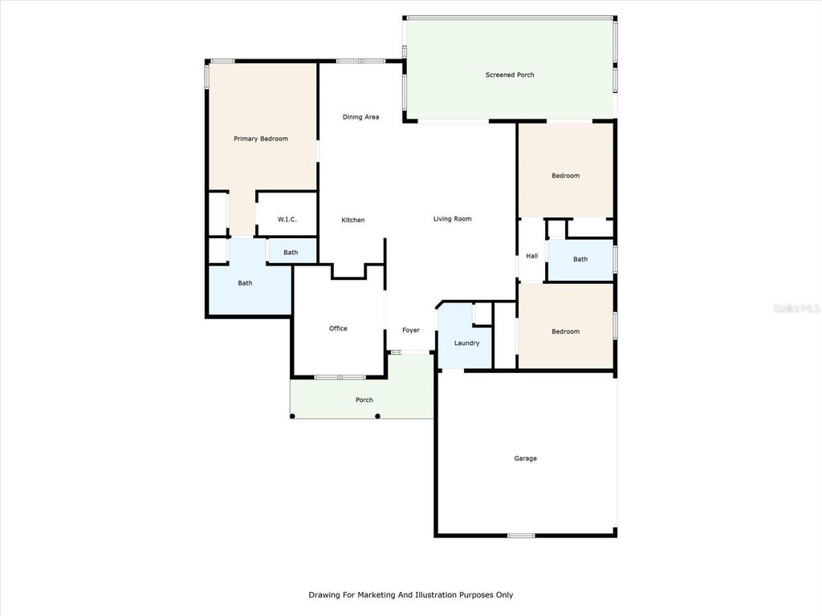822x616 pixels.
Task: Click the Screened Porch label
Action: (x=510, y=75)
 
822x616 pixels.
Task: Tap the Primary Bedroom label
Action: (x=261, y=139)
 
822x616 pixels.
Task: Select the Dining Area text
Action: (x=360, y=117)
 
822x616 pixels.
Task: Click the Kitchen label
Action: (x=353, y=220)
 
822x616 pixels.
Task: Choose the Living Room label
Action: (x=452, y=219)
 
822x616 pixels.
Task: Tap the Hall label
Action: (x=531, y=257)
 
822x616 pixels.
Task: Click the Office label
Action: (x=338, y=328)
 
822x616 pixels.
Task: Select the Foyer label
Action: (x=411, y=330)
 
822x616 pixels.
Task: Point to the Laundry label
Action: (x=466, y=343)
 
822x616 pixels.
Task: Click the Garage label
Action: (x=526, y=459)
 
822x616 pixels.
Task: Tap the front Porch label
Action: (x=364, y=400)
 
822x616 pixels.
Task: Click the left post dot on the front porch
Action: (x=292, y=415)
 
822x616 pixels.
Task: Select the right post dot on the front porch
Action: (x=377, y=415)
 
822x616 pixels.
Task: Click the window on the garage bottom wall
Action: (x=521, y=535)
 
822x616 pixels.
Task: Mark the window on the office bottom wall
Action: (x=340, y=377)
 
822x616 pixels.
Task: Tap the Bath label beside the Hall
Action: (x=580, y=259)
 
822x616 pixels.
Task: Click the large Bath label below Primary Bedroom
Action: (x=245, y=283)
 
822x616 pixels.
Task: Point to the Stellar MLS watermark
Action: (x=795, y=307)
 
